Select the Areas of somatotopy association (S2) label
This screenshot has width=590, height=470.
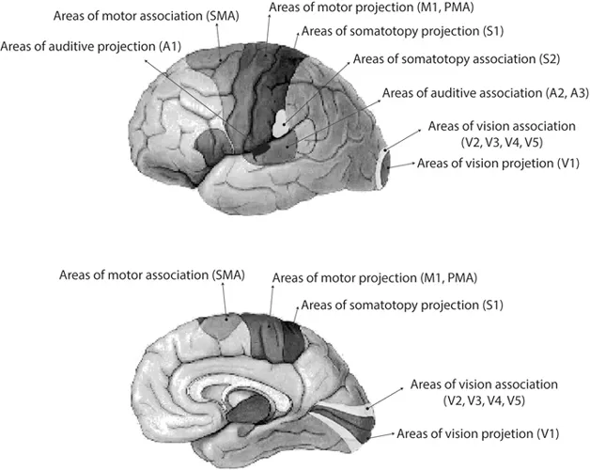444,59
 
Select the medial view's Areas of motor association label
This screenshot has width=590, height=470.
151,275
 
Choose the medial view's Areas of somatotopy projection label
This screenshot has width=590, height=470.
387,305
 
